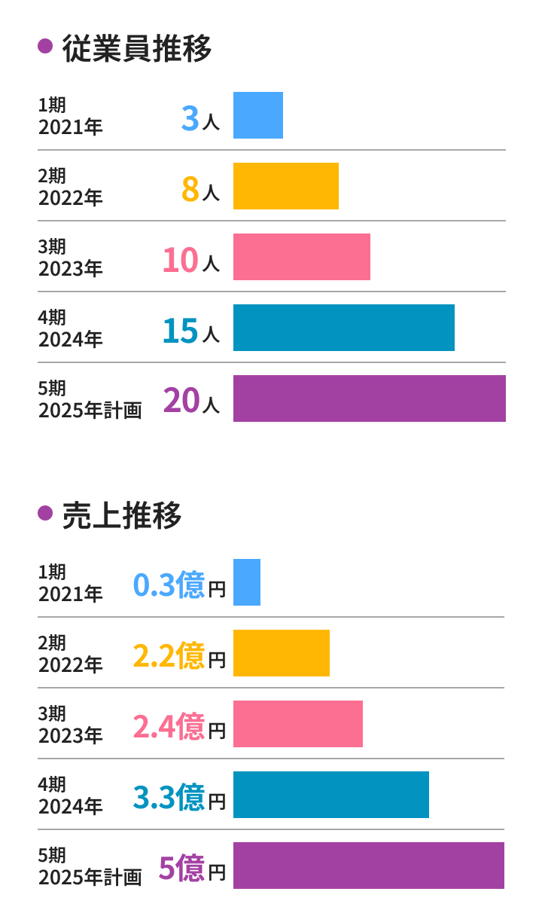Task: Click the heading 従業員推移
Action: pyautogui.click(x=136, y=48)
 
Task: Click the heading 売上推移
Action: pyautogui.click(x=121, y=515)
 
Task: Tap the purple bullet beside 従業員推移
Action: pyautogui.click(x=45, y=47)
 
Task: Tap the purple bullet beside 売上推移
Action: pyautogui.click(x=45, y=514)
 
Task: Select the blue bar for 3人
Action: pyautogui.click(x=258, y=115)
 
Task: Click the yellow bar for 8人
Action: pyautogui.click(x=286, y=186)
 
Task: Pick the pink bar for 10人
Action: pyautogui.click(x=302, y=257)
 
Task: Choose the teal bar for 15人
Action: pyautogui.click(x=344, y=328)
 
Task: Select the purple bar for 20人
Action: pyautogui.click(x=370, y=398)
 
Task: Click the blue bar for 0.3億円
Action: pyautogui.click(x=247, y=582)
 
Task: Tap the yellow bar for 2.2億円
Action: pyautogui.click(x=282, y=653)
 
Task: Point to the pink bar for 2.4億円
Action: pyautogui.click(x=298, y=724)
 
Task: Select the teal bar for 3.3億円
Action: pyautogui.click(x=331, y=795)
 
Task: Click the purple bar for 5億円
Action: pyautogui.click(x=369, y=866)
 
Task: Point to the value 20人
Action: pyautogui.click(x=191, y=401)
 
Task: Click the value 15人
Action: pyautogui.click(x=191, y=331)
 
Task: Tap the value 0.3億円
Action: pyautogui.click(x=179, y=585)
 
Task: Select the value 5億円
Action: pyautogui.click(x=192, y=869)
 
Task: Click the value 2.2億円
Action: pyautogui.click(x=179, y=656)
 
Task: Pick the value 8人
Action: pyautogui.click(x=200, y=189)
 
